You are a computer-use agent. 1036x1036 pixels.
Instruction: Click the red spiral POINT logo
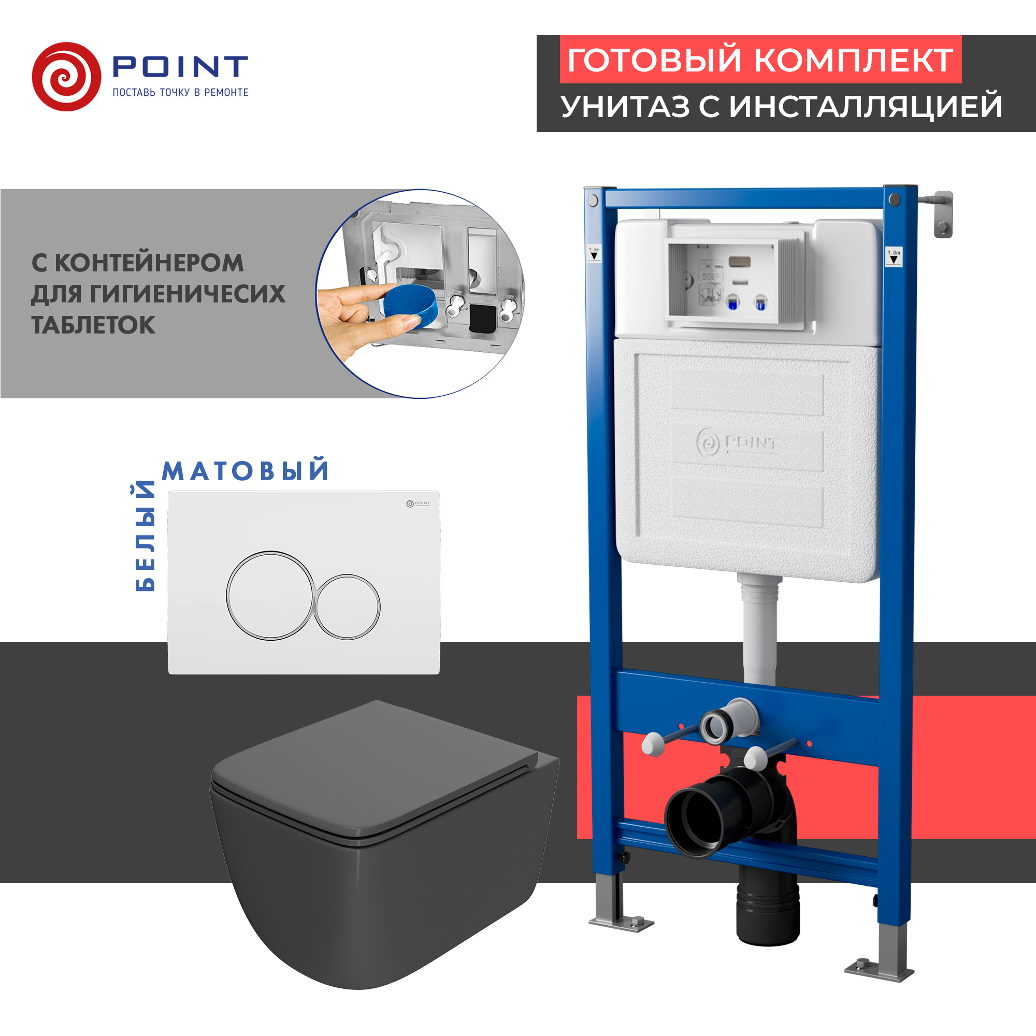pyautogui.click(x=66, y=77)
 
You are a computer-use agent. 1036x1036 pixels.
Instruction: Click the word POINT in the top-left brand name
pyautogui.click(x=180, y=66)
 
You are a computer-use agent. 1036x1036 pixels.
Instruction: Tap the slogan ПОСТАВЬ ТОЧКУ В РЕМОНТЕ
pyautogui.click(x=180, y=92)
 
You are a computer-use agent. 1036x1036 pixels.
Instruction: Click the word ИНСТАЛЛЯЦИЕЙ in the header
pyautogui.click(x=866, y=106)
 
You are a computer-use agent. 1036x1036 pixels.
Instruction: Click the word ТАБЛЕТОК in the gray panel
pyautogui.click(x=93, y=325)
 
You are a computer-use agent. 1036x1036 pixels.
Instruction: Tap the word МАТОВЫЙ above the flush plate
pyautogui.click(x=246, y=471)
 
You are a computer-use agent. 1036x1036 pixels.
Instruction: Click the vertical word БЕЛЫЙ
pyautogui.click(x=145, y=536)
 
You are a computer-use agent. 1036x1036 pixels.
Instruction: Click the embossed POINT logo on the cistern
pyautogui.click(x=736, y=443)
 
